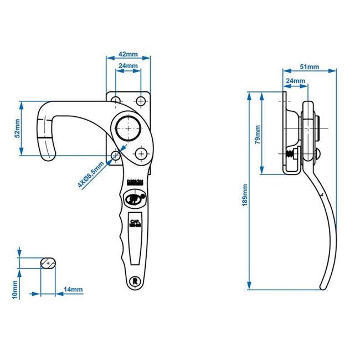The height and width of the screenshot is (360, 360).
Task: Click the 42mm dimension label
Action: [x=128, y=55]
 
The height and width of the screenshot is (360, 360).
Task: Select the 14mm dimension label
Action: [x=73, y=290]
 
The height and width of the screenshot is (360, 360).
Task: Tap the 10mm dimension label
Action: [x=16, y=289]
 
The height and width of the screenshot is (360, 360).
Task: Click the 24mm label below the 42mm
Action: [x=128, y=66]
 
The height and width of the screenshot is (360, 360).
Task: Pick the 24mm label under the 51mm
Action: [x=295, y=81]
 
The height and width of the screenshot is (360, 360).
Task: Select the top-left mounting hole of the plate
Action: [x=116, y=101]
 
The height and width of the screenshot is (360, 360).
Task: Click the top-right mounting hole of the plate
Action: [x=140, y=101]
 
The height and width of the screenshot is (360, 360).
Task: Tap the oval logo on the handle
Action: [x=135, y=197]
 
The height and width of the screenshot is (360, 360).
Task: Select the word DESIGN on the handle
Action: [x=134, y=182]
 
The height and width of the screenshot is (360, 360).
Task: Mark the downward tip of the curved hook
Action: [x=49, y=158]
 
